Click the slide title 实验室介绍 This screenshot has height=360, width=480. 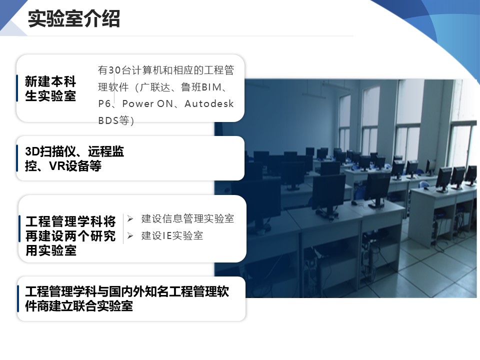point(74,18)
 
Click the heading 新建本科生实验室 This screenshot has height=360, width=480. point(50,89)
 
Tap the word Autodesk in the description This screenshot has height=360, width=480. point(209,104)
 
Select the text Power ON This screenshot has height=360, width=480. point(147,104)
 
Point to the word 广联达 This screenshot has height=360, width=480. point(155,87)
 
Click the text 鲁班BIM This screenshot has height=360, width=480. point(201,87)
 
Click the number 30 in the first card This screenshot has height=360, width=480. point(114,70)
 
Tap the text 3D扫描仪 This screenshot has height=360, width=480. point(51,151)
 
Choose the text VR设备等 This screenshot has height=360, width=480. point(75,166)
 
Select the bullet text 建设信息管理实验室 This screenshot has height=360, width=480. point(187,219)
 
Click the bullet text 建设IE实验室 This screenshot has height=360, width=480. point(172,235)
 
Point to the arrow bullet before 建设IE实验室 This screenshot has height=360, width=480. point(130,235)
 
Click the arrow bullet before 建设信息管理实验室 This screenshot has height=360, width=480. point(130,219)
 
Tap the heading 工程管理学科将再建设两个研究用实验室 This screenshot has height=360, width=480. point(70,236)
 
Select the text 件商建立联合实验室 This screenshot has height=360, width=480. point(79,306)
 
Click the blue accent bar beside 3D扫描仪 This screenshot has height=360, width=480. point(17,158)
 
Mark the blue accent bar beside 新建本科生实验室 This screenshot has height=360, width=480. point(17,88)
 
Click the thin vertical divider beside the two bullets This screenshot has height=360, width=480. point(123,228)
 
